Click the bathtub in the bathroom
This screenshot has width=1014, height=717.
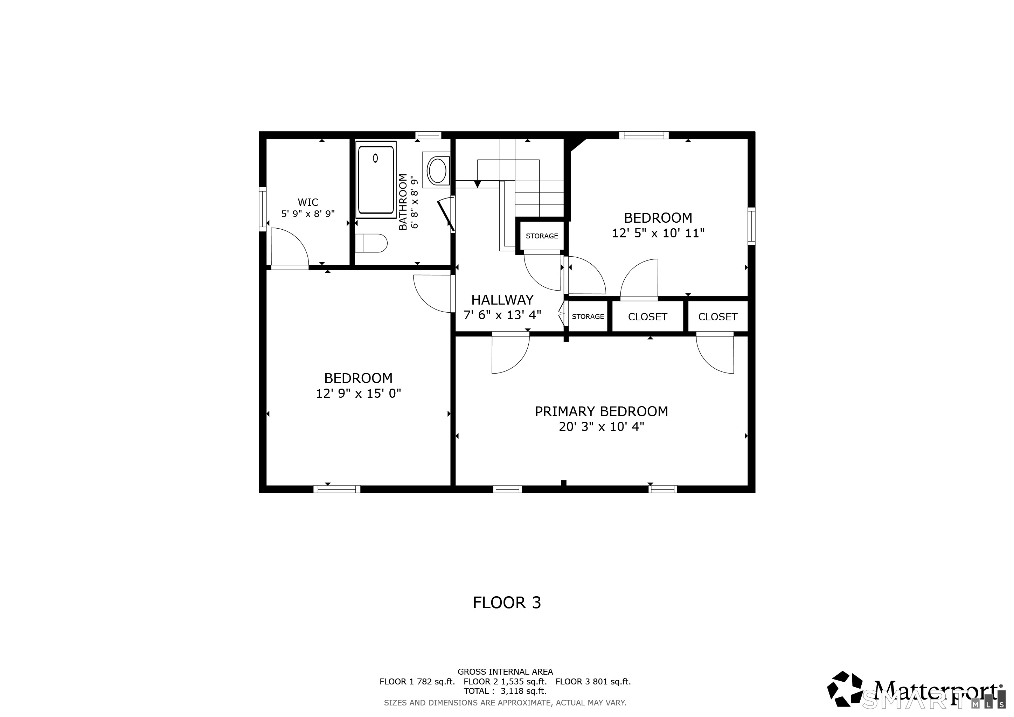[375, 179]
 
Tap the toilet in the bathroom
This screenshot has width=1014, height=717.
[371, 243]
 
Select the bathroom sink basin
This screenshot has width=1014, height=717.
[437, 171]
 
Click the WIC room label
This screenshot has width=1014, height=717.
[308, 202]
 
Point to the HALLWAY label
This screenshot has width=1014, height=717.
[502, 300]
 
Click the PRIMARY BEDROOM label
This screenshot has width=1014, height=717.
[601, 411]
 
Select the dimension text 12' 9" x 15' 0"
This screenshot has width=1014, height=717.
[358, 394]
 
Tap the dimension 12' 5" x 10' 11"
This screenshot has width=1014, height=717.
[658, 233]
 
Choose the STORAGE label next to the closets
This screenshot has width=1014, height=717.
[588, 316]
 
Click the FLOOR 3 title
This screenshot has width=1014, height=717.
[507, 603]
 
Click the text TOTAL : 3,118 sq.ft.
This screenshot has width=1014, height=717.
[505, 691]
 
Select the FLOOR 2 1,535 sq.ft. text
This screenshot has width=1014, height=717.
[505, 681]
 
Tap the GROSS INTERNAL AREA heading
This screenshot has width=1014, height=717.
[505, 671]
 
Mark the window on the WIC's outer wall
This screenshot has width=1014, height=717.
[263, 209]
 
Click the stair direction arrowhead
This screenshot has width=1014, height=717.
[477, 184]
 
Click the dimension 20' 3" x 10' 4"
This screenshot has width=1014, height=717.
[601, 427]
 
